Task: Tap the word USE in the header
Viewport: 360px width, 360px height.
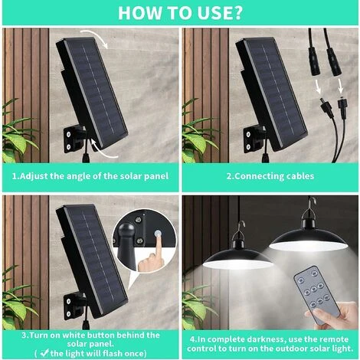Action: (x=212, y=12)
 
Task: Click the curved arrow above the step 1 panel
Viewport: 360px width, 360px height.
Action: (x=94, y=38)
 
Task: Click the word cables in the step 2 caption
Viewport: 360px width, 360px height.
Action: (x=300, y=176)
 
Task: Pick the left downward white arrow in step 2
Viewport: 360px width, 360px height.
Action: (x=318, y=87)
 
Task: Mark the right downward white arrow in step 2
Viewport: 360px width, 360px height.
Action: (x=340, y=86)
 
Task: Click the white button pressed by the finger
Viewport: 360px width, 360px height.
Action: (x=158, y=234)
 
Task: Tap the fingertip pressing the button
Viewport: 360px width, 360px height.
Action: (x=159, y=240)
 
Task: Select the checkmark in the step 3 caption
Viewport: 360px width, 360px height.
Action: (x=45, y=353)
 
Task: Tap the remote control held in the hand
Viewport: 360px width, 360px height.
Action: (x=316, y=295)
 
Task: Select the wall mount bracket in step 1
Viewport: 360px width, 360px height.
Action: (x=74, y=139)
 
